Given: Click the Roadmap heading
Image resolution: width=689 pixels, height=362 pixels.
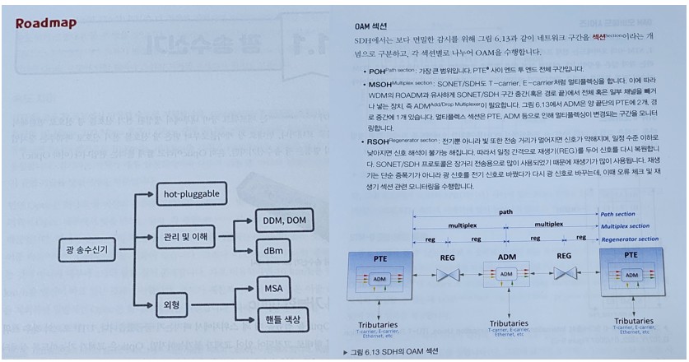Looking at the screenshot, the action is [x=45, y=23].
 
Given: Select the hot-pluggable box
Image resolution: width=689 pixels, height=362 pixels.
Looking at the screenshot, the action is [x=189, y=195].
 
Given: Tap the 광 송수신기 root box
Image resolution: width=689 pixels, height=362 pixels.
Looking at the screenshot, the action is [x=86, y=248].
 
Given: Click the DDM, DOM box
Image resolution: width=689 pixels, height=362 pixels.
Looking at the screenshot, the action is [x=285, y=220].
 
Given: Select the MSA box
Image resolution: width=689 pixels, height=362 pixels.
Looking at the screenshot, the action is [x=273, y=289].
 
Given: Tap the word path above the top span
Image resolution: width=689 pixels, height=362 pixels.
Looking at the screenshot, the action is [x=505, y=211].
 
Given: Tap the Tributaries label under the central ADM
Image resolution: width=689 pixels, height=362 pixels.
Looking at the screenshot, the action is [x=508, y=323].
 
